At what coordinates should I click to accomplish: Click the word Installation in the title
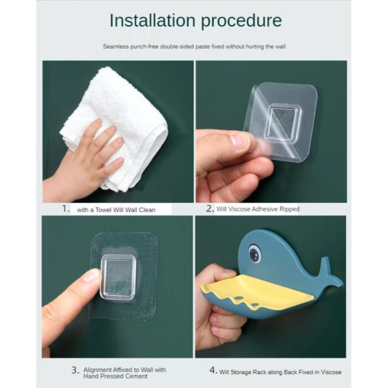(x=152, y=21)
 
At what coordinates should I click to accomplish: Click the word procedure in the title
(x=241, y=21)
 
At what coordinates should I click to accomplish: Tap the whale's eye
(x=254, y=254)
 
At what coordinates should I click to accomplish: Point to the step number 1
(x=65, y=209)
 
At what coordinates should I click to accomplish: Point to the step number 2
(x=210, y=209)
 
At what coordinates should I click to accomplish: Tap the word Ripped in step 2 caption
(x=289, y=209)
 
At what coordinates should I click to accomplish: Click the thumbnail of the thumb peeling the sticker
(x=238, y=140)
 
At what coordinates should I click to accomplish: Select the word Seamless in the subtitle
(x=114, y=47)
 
